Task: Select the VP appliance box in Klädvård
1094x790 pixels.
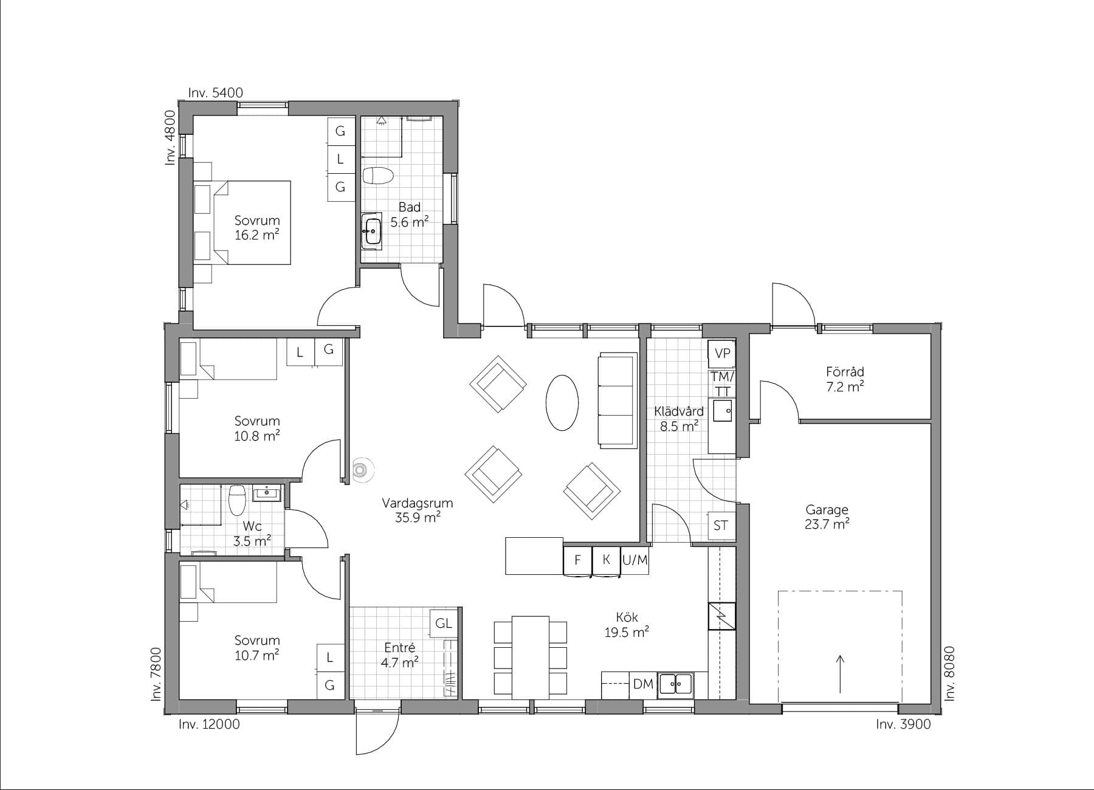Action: (x=722, y=354)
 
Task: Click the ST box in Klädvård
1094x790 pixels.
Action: (x=721, y=526)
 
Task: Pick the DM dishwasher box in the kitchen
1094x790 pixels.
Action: (x=642, y=684)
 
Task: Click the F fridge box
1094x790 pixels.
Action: (x=578, y=560)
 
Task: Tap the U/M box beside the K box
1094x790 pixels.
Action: (x=635, y=560)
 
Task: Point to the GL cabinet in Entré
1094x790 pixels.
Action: (x=444, y=623)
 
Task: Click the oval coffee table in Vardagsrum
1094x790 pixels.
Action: (x=562, y=403)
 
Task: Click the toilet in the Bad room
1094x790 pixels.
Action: (x=377, y=176)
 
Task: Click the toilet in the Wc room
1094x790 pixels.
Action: (x=236, y=500)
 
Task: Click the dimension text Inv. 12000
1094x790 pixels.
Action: (x=209, y=724)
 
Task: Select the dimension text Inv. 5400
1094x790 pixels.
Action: (x=215, y=93)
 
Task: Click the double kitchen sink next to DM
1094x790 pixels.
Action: (x=676, y=684)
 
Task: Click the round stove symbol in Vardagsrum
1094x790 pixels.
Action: (x=361, y=469)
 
